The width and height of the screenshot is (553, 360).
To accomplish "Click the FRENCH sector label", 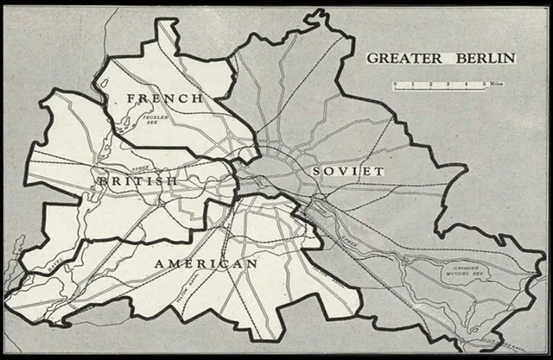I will click(165, 98).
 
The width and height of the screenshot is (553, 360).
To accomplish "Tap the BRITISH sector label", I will click(137, 181).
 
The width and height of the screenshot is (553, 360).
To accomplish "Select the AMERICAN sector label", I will click(206, 262).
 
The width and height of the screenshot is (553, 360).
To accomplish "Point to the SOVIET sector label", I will click(347, 172).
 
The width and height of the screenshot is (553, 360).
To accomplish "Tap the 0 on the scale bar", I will click(394, 84).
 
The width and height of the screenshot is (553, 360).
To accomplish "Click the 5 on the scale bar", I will click(485, 84).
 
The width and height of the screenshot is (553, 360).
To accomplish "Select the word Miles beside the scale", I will click(497, 84).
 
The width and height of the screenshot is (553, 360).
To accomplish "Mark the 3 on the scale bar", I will click(448, 84).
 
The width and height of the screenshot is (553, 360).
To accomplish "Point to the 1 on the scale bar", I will click(412, 84).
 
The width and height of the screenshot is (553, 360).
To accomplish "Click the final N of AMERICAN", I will click(251, 262).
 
